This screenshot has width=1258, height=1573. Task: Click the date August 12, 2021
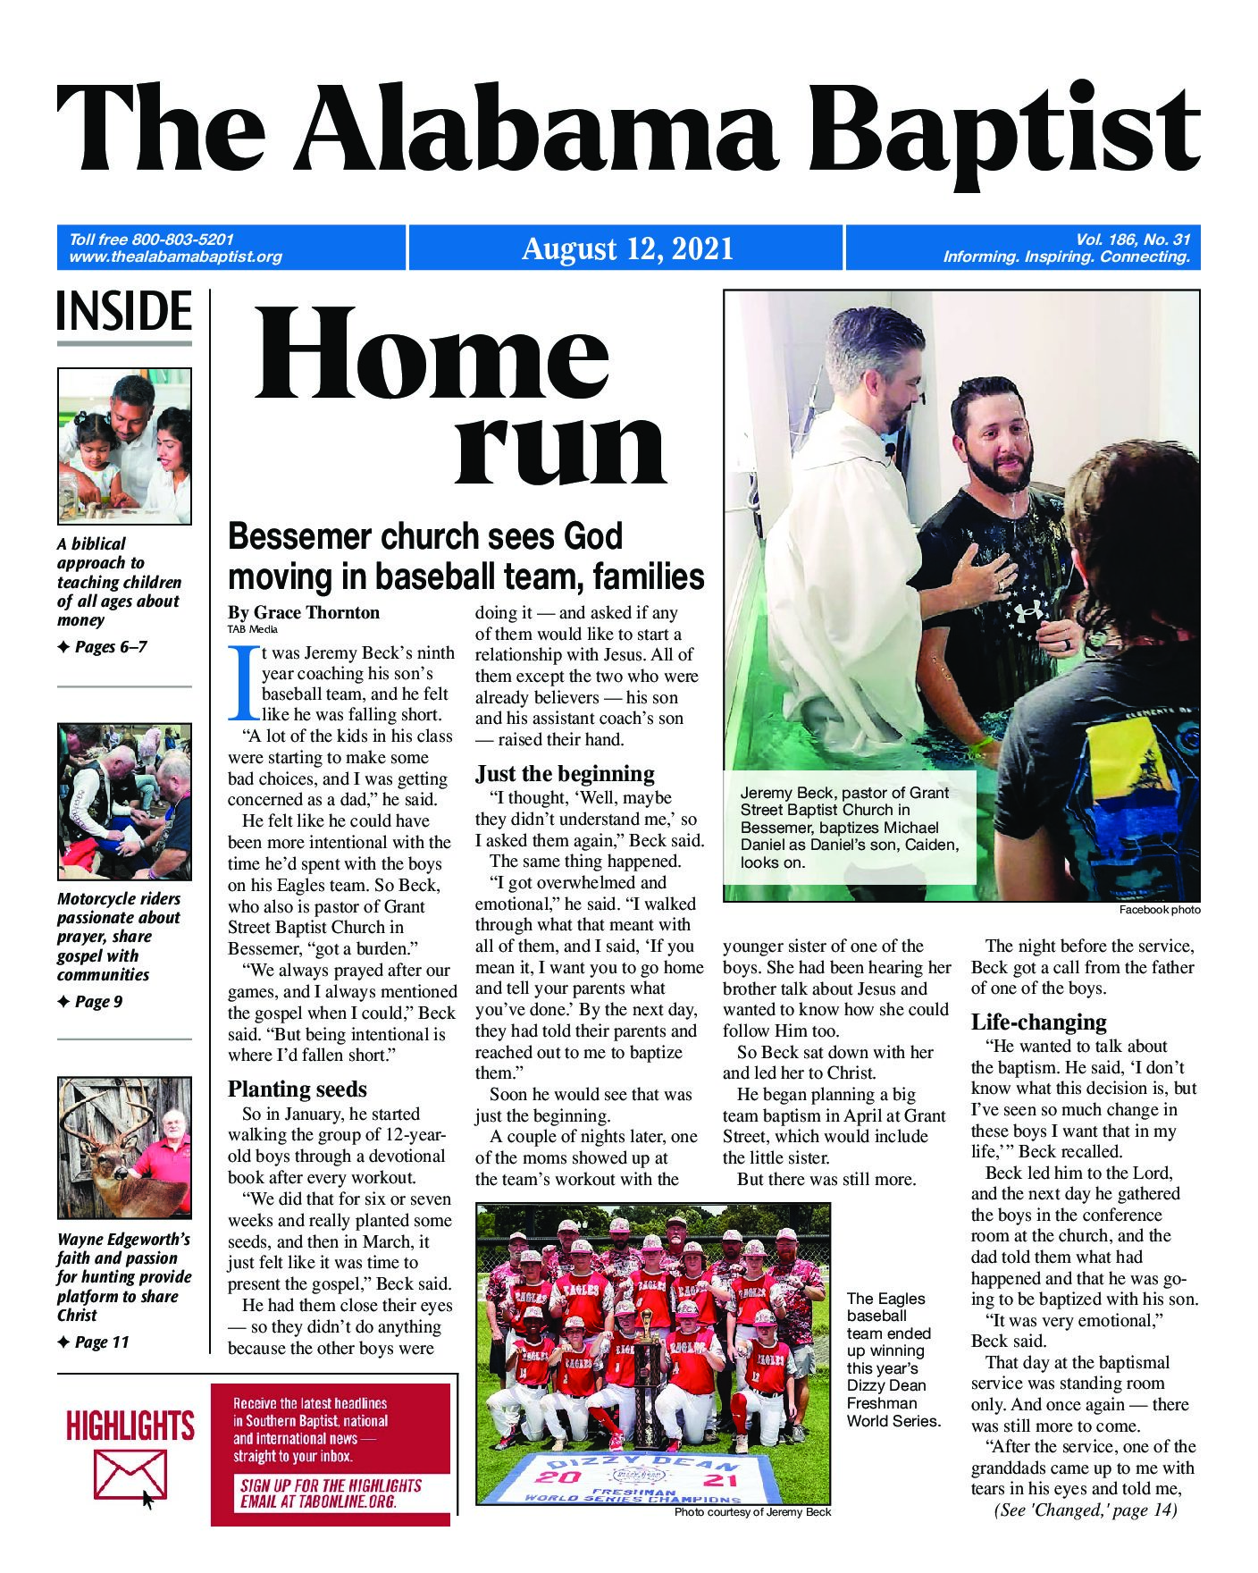[x=626, y=248]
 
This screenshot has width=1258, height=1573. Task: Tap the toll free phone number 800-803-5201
[x=182, y=240]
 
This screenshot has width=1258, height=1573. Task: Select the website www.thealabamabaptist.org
[x=175, y=257]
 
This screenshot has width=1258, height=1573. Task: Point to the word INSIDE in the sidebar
[x=124, y=312]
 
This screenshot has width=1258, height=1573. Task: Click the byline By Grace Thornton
[x=304, y=612]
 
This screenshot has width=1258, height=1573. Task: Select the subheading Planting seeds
[x=297, y=1089]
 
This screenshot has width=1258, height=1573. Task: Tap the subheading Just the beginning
[x=565, y=773]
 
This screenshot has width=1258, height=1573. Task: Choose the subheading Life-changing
[x=1038, y=1022]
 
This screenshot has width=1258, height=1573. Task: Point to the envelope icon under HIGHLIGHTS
[x=130, y=1475]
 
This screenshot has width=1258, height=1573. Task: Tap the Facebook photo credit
[x=1159, y=910]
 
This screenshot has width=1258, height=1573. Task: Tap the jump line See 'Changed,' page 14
[x=1084, y=1510]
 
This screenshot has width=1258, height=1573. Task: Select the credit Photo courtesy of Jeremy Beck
[x=752, y=1512]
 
